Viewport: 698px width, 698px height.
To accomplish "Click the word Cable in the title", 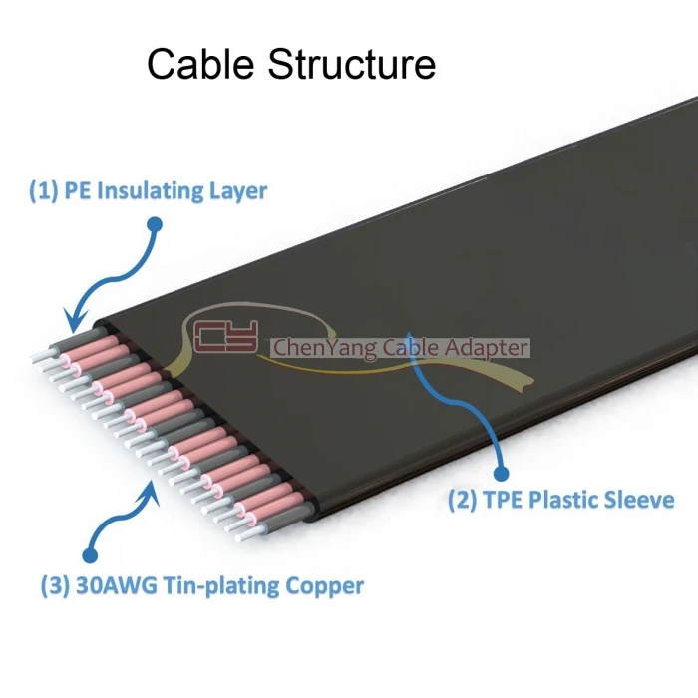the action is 200,64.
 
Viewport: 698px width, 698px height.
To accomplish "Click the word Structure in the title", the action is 351,64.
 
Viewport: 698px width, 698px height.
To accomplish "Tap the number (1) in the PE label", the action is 43,191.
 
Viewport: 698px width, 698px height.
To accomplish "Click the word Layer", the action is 237,192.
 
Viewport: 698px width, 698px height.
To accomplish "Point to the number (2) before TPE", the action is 462,499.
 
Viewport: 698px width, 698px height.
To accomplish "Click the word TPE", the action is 503,499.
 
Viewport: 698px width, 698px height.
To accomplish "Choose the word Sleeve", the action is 639,499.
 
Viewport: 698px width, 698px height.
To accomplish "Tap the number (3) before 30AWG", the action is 55,586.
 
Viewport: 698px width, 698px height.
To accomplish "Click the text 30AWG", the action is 117,585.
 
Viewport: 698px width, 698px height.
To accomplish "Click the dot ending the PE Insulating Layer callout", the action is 155,224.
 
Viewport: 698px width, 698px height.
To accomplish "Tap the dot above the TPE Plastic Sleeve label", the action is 502,474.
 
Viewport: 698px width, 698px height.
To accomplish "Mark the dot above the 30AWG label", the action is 91,555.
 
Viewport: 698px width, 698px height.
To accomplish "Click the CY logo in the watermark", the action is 226,336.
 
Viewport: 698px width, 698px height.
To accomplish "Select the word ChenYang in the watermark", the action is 324,348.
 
